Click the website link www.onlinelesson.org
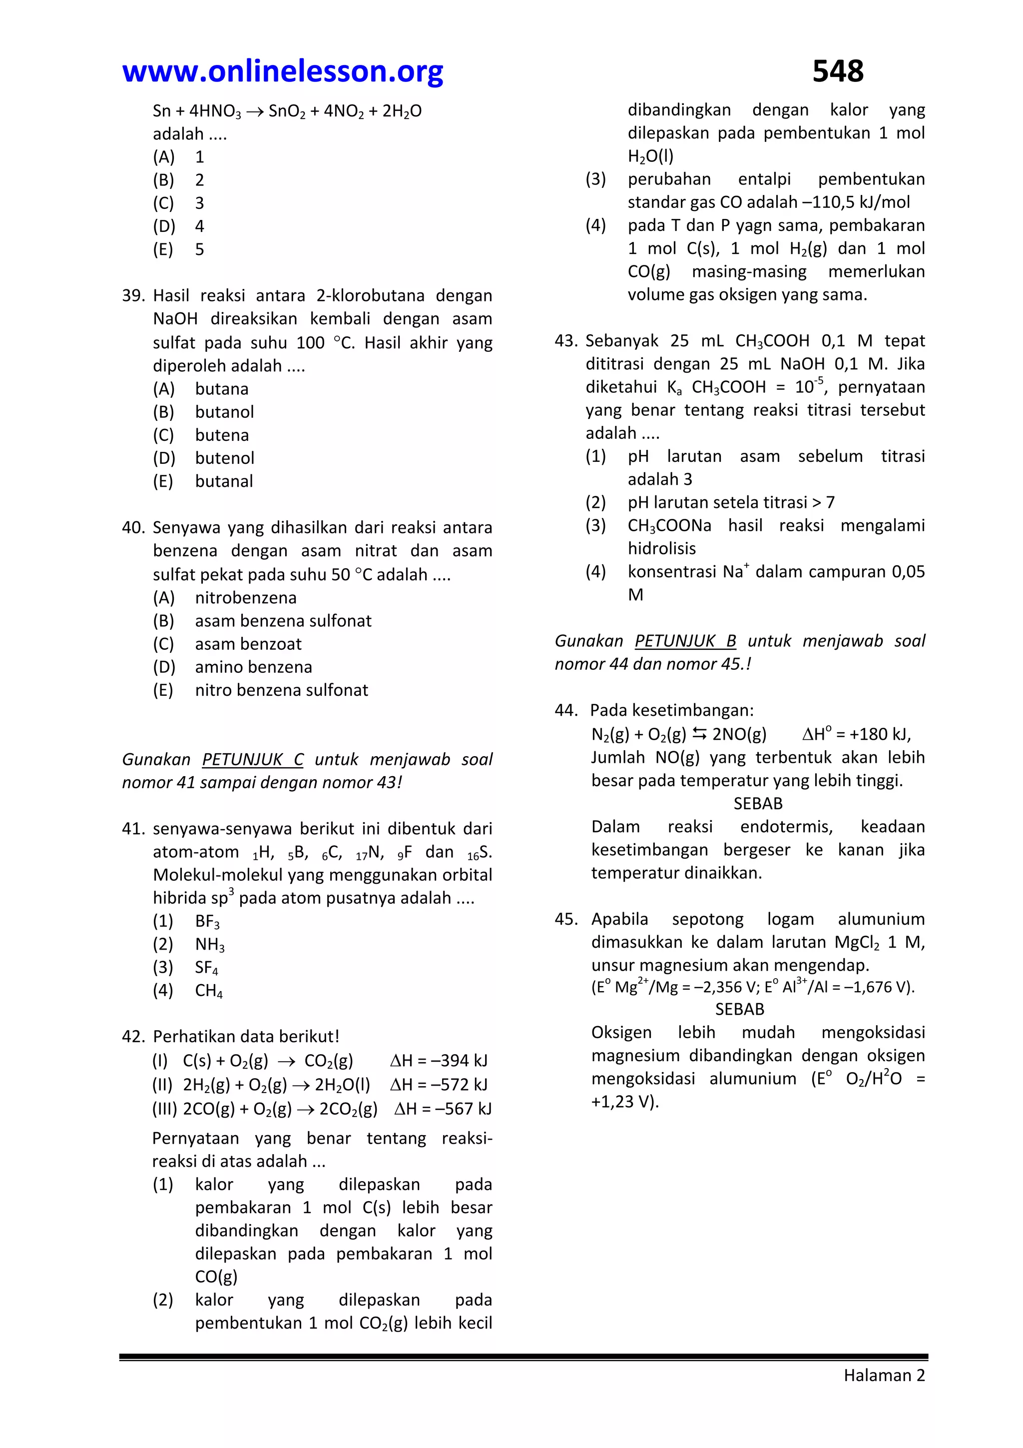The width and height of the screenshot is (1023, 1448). [x=282, y=71]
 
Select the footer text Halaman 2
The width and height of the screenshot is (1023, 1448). [x=884, y=1375]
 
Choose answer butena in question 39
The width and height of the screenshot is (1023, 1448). [x=221, y=435]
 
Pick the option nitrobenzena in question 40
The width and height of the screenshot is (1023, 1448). [x=245, y=597]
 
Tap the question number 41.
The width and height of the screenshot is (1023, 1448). [x=133, y=828]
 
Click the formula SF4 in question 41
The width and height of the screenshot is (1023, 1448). [x=207, y=968]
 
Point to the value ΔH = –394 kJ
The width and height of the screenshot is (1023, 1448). [x=439, y=1060]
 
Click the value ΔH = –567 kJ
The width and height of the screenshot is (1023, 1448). [x=443, y=1108]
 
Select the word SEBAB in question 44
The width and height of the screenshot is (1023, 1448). [x=758, y=803]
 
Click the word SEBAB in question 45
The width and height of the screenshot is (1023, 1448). [x=739, y=1009]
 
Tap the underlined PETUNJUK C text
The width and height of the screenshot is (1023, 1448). [x=252, y=759]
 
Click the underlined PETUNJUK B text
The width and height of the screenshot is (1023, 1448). [x=685, y=641]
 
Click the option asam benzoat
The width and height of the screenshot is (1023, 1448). [x=248, y=644]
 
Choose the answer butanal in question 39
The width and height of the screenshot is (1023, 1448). [x=224, y=481]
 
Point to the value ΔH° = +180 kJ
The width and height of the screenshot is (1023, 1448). [x=856, y=734]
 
